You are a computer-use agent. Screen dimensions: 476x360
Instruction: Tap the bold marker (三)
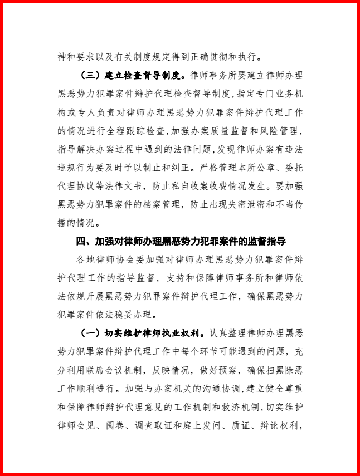point(91,75)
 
